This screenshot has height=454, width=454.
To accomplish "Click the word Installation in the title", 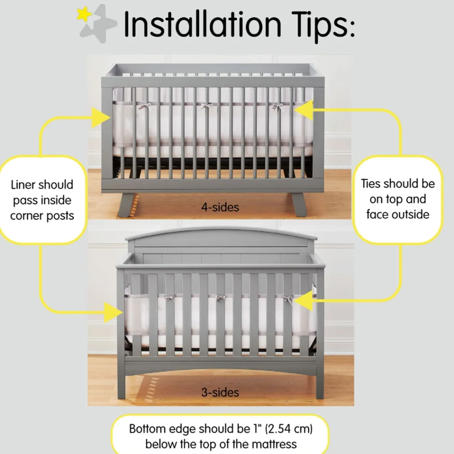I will click(202, 24).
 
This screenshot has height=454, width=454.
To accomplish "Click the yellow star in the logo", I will click(84, 14).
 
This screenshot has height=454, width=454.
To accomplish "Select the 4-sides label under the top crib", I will click(220, 207).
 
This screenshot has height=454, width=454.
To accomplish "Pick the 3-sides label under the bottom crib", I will click(220, 392).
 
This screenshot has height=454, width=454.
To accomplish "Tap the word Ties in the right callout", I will click(371, 184).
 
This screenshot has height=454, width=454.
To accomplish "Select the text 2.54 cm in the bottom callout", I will click(289, 429).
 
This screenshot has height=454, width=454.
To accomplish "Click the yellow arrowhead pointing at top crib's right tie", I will click(304, 110).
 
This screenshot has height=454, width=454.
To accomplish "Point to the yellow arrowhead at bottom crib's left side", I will click(113, 313).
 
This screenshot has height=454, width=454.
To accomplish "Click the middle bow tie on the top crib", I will click(206, 106).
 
